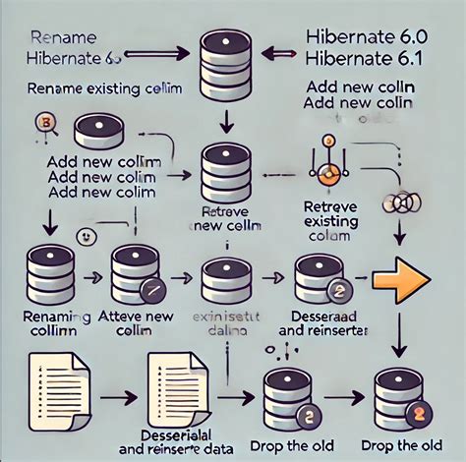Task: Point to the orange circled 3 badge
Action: pos(42,123)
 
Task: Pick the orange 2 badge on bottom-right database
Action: pos(418,413)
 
